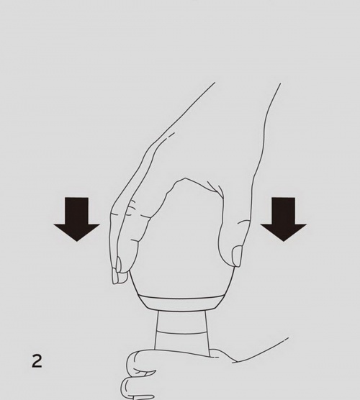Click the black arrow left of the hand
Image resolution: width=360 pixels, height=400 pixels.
tap(76, 219)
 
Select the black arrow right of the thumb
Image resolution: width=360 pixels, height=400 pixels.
tap(283, 219)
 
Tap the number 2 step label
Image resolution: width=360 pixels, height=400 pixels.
tap(37, 360)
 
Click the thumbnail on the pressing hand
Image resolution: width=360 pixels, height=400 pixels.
tap(237, 256)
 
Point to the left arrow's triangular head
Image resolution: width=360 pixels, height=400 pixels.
tap(76, 232)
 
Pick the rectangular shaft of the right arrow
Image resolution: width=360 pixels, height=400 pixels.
tap(283, 211)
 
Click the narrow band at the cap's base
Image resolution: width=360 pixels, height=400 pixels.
tap(181, 304)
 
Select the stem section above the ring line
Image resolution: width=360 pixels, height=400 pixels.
tap(181, 322)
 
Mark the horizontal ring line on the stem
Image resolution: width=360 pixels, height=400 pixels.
tap(181, 332)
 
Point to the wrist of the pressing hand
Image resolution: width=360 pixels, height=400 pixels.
tap(245, 115)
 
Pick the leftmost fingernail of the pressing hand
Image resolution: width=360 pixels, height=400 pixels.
tap(114, 277)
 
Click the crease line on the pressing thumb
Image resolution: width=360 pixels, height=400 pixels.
tap(243, 222)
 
